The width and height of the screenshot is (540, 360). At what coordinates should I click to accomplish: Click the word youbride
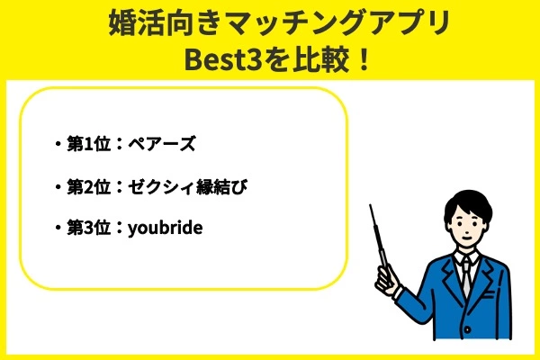(166, 229)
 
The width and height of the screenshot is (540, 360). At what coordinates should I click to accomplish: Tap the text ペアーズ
(162, 144)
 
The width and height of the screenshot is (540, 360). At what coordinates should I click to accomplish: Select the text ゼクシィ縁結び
(188, 187)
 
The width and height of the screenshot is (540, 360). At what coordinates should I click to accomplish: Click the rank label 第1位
(88, 144)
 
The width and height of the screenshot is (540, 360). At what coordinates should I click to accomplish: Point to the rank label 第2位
(88, 187)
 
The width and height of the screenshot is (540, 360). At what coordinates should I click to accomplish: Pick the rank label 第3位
(88, 228)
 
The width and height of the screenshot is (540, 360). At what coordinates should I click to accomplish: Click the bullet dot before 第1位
(58, 144)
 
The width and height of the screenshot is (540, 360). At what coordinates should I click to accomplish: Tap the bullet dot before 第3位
(58, 228)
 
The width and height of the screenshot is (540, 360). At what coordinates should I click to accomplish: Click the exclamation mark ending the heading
(363, 60)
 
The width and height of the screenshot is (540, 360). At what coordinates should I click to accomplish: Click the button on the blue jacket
(467, 329)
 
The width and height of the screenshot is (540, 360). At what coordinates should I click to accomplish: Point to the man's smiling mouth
(467, 238)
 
